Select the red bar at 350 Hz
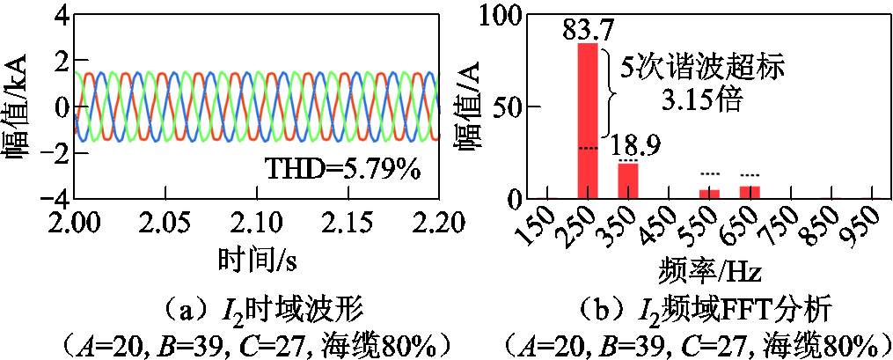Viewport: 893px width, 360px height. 627,180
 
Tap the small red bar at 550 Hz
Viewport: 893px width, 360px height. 709,194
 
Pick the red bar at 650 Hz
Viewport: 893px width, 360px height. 750,192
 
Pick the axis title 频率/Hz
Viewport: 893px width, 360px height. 710,267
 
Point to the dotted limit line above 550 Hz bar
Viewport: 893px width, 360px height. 709,174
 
